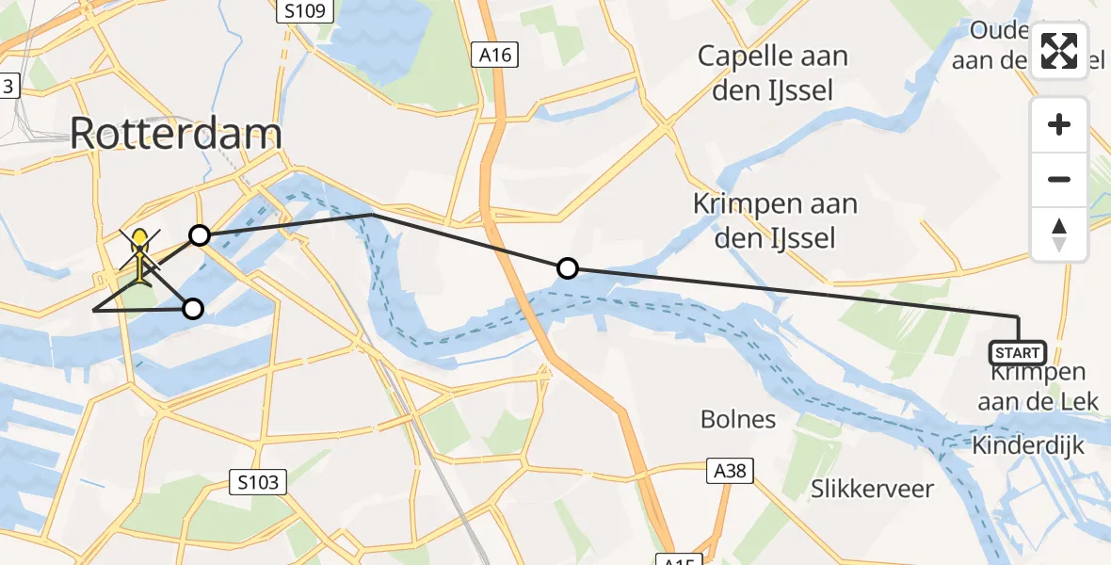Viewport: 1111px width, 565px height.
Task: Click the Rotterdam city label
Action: (175, 135)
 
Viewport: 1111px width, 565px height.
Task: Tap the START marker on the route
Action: (1017, 353)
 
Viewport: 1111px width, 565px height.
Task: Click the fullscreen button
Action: (1059, 51)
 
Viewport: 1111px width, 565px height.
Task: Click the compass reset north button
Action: (1059, 234)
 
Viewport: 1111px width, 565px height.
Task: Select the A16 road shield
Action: (494, 56)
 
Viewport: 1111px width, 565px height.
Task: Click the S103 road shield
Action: (258, 483)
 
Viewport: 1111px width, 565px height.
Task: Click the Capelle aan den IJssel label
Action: (772, 73)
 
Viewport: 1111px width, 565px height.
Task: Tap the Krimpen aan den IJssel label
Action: (764, 220)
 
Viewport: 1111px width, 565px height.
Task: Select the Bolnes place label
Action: (739, 419)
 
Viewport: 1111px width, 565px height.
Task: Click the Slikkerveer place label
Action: (872, 489)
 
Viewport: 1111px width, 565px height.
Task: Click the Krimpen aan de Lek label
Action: (1038, 387)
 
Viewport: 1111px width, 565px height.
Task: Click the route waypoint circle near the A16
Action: (567, 269)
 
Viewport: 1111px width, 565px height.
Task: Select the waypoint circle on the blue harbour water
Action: (193, 309)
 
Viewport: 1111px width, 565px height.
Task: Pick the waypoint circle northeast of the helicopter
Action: (200, 234)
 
